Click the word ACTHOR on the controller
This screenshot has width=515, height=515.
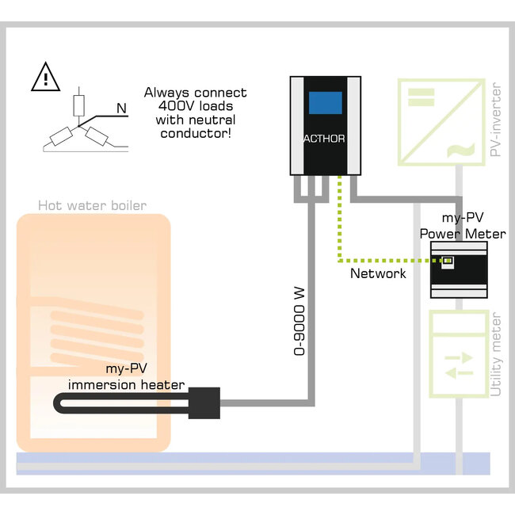325,139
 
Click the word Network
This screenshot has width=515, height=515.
378,273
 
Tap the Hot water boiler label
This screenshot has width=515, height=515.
92,206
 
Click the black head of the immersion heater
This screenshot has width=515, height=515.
203,403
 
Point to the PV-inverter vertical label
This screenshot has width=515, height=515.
497,120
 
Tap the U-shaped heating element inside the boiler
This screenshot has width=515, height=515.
119,403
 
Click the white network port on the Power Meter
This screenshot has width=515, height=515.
448,261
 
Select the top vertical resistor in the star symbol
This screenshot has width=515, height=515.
77,105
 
